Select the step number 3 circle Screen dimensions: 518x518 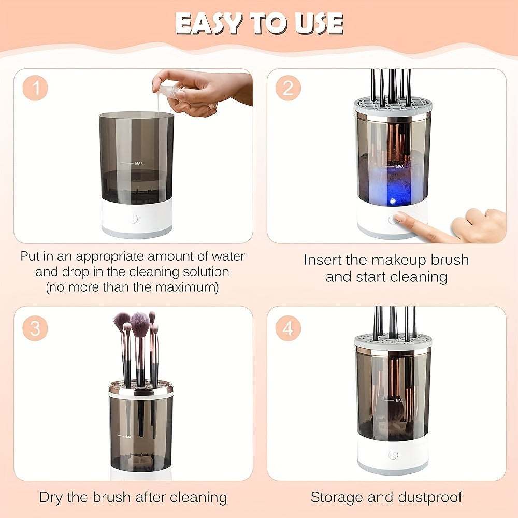pyautogui.click(x=35, y=329)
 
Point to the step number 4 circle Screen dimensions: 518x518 pyautogui.click(x=288, y=329)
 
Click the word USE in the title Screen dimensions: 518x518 pyautogui.click(x=318, y=23)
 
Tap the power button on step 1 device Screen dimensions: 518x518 pyautogui.click(x=134, y=219)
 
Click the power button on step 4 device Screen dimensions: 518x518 pyautogui.click(x=393, y=454)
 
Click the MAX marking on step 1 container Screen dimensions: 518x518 pyautogui.click(x=138, y=163)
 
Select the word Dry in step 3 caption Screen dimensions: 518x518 pyautogui.click(x=52, y=498)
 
